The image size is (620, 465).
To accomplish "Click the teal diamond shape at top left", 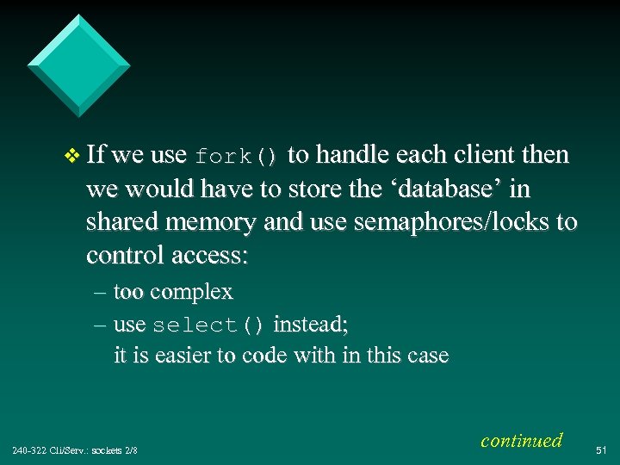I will [x=78, y=65].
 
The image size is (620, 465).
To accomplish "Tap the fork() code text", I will [x=236, y=158].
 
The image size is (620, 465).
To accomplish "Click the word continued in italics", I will [x=521, y=440].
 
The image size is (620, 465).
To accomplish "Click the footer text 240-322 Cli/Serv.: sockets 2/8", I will [x=75, y=450].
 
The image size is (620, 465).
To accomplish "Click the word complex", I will [x=191, y=293].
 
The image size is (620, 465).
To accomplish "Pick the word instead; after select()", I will [x=310, y=325].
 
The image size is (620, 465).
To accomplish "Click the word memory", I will [x=213, y=223].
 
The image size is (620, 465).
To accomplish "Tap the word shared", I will [x=125, y=222].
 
